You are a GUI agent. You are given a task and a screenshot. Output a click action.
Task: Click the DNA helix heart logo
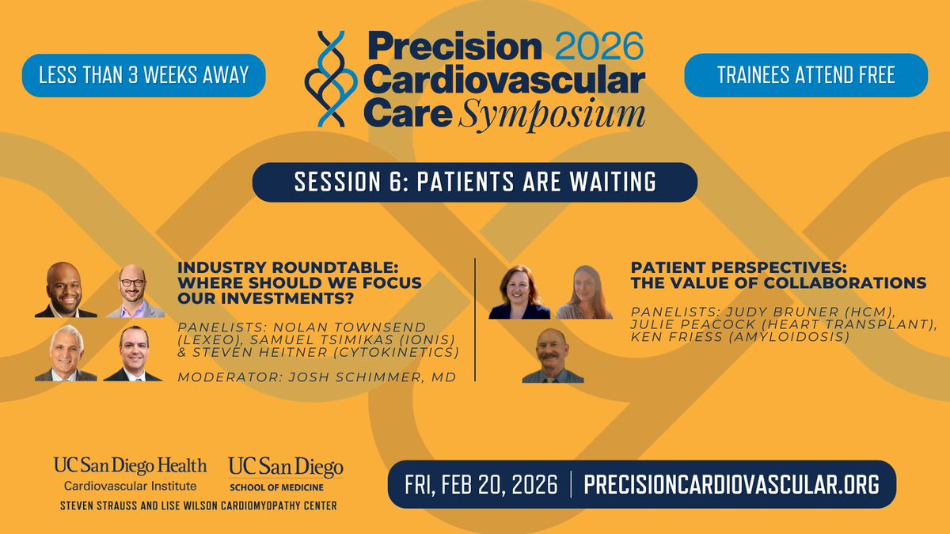click(x=331, y=79)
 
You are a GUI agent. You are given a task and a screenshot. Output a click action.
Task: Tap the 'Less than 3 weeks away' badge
click(x=144, y=75)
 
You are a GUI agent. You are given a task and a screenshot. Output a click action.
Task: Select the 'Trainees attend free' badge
click(x=806, y=75)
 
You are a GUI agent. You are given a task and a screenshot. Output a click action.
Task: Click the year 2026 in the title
click(x=599, y=46)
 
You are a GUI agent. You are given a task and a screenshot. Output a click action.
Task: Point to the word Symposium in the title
click(x=552, y=114)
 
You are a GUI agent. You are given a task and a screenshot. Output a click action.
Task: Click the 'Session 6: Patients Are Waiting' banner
click(x=475, y=182)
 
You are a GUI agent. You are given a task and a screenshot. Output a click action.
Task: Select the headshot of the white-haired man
click(x=66, y=353)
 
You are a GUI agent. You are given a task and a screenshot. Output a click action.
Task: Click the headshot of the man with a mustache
click(x=553, y=355)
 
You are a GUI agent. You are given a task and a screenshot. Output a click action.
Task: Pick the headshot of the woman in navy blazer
click(x=519, y=292)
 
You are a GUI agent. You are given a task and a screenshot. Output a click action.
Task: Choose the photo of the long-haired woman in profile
click(x=584, y=292)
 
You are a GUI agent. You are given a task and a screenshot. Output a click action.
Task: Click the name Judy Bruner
click(x=782, y=312)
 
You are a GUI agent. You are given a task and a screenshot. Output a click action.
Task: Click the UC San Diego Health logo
click(x=130, y=474)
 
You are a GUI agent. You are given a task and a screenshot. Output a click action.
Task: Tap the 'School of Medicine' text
click(x=276, y=488)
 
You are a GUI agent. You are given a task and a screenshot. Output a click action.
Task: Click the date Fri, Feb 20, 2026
click(x=481, y=484)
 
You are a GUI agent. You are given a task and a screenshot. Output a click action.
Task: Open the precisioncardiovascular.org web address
click(x=731, y=484)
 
